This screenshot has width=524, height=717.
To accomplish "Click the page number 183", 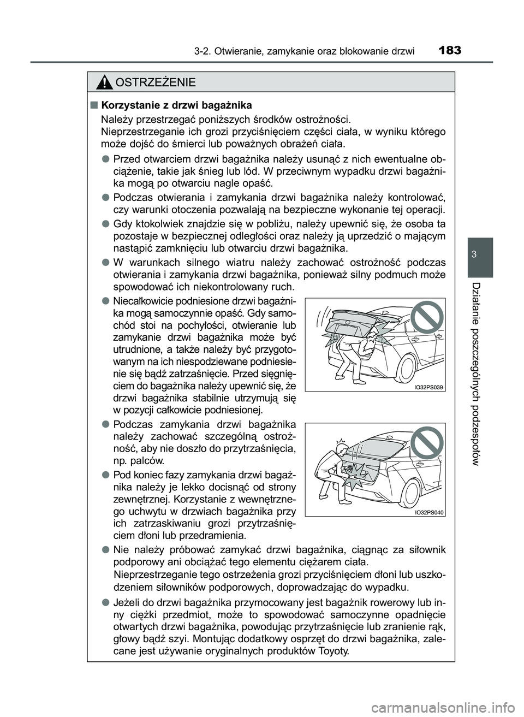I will pyautogui.click(x=450, y=51).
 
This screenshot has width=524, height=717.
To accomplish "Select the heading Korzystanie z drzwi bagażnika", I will pyautogui.click(x=177, y=105).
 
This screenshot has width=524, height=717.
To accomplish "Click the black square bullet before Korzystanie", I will pyautogui.click(x=94, y=105).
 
